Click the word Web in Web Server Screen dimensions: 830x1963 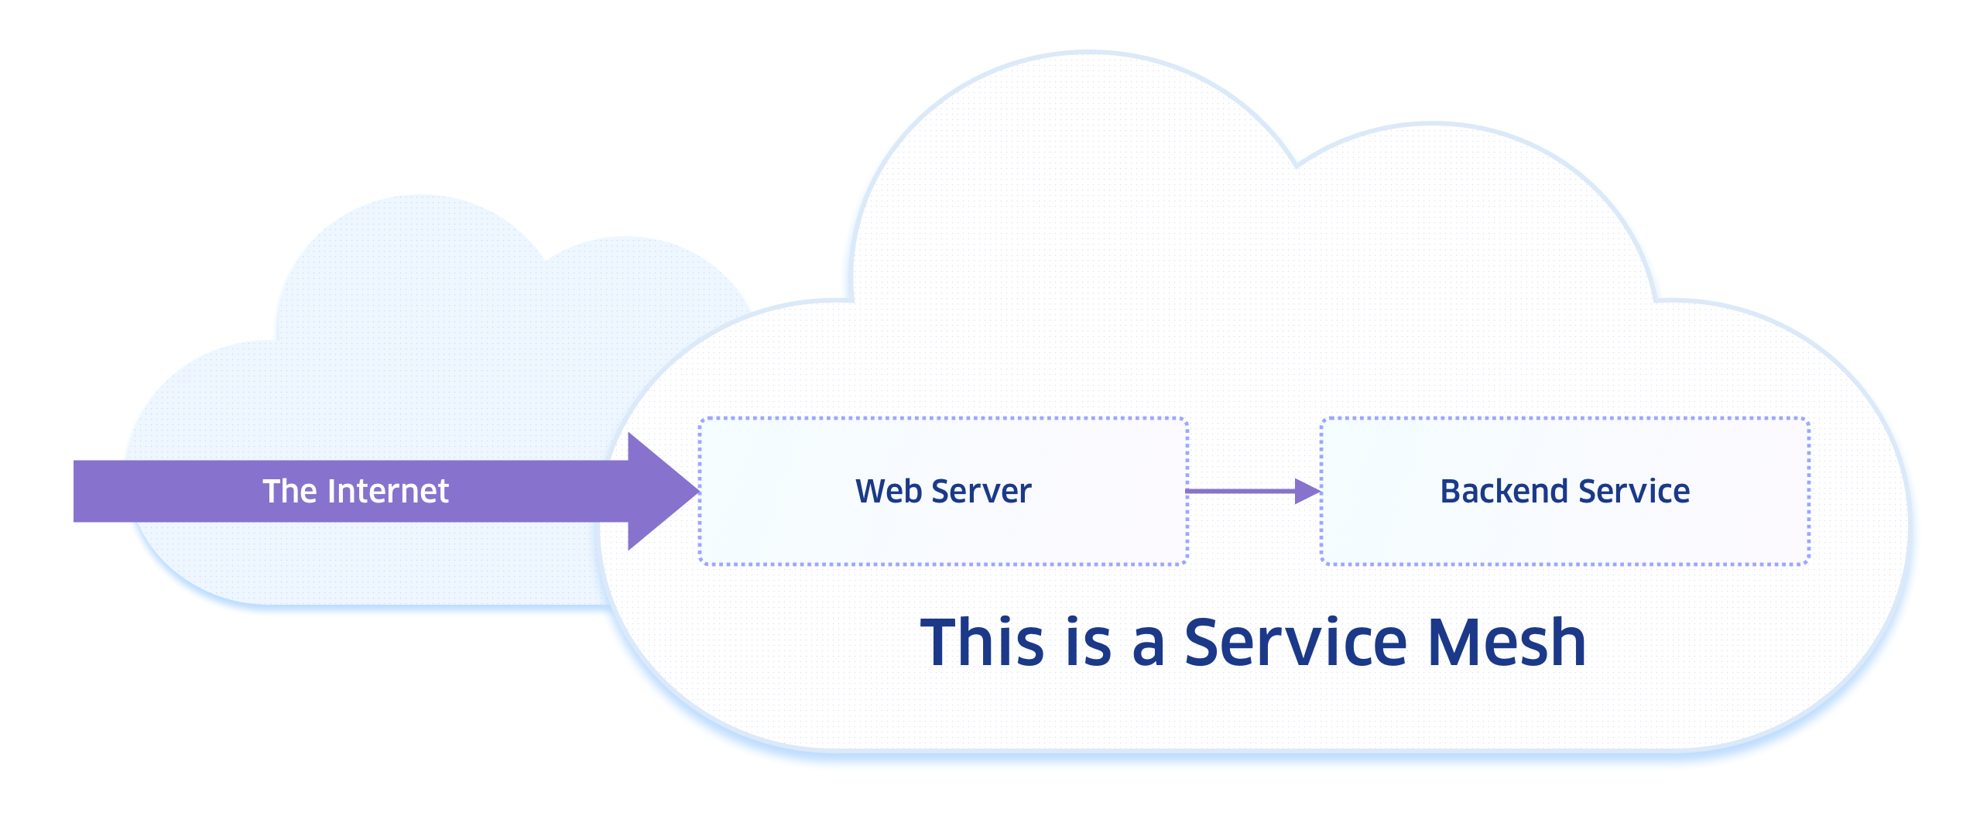(889, 492)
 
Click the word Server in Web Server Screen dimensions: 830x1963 (981, 492)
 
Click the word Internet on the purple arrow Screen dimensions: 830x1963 (388, 492)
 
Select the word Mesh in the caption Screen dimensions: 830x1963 (1506, 643)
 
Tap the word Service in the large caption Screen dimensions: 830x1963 (1295, 643)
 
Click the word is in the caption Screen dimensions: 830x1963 (1088, 643)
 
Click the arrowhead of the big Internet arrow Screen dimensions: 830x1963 (662, 492)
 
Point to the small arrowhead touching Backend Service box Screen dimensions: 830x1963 (1307, 491)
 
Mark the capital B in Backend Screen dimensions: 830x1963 (1450, 492)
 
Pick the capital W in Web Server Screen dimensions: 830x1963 (870, 492)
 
